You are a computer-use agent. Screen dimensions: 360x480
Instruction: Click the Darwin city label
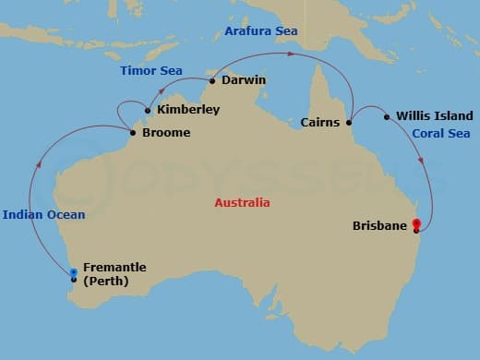(244, 80)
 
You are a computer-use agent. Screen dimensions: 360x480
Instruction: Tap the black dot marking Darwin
(212, 81)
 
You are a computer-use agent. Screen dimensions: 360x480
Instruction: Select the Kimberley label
(188, 110)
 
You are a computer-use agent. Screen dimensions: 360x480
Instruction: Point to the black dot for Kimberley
(149, 110)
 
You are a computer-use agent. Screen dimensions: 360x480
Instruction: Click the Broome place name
(166, 133)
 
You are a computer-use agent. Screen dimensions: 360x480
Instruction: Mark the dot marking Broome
(132, 133)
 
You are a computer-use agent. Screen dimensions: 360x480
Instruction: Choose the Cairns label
(322, 122)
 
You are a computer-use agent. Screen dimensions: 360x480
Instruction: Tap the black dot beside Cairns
(349, 122)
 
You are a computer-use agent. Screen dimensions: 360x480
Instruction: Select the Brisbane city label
(380, 225)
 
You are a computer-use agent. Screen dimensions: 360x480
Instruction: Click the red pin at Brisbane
(417, 222)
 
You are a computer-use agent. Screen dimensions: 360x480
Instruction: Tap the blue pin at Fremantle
(74, 271)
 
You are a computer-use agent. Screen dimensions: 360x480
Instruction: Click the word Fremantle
(114, 268)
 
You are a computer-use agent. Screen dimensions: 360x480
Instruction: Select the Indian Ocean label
(43, 215)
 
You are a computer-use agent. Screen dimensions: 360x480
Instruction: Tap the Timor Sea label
(151, 71)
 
